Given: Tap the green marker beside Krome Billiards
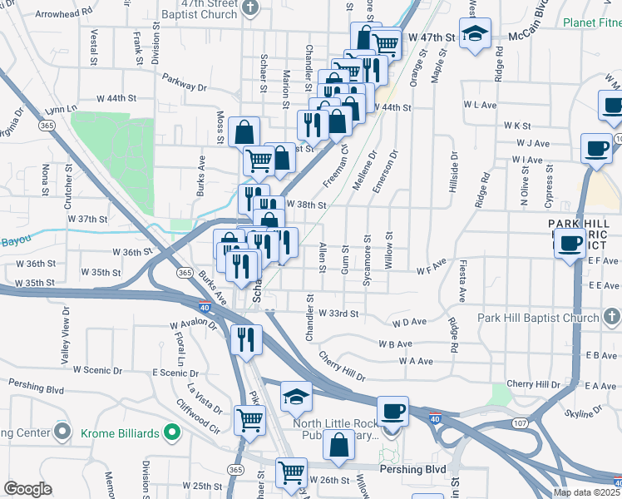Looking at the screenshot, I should click(171, 432).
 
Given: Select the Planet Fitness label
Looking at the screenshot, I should click(591, 23).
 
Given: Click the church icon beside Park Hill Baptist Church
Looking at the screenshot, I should click(610, 316).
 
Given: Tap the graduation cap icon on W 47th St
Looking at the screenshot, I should click(475, 34).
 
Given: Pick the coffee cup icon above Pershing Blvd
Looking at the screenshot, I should click(392, 411).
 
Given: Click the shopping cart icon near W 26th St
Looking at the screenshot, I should click(291, 472).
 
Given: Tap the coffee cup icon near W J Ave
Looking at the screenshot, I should click(595, 148).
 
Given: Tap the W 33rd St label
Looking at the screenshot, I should click(338, 314).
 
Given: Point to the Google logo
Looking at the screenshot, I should click(27, 489).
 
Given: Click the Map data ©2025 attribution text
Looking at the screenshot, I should click(585, 492).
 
